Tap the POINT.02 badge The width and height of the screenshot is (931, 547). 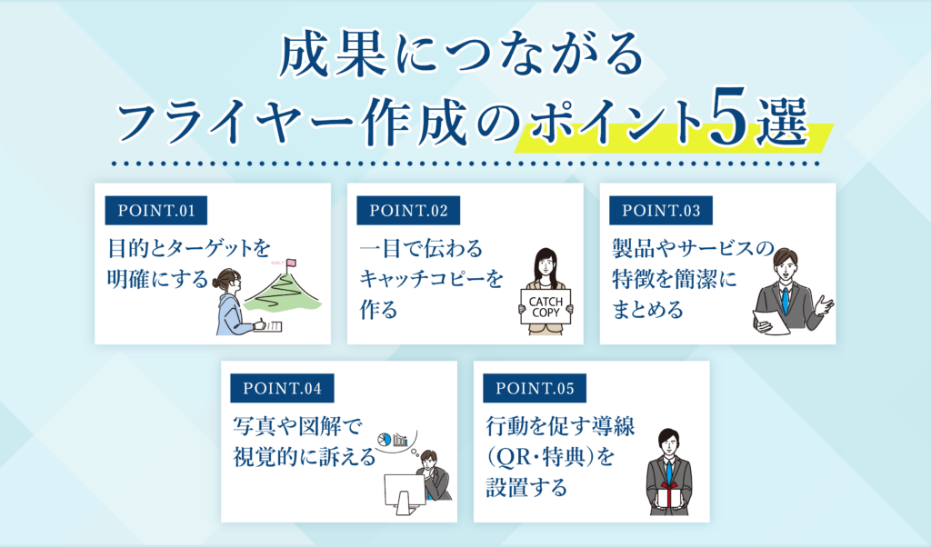(408, 211)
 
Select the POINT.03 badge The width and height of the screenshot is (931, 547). (661, 211)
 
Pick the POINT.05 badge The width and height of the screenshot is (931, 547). (535, 389)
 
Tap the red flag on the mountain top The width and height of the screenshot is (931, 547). (291, 264)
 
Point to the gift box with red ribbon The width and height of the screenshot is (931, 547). (670, 496)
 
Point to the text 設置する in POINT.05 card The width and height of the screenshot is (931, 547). (526, 488)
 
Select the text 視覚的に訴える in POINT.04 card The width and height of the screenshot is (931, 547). (305, 457)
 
